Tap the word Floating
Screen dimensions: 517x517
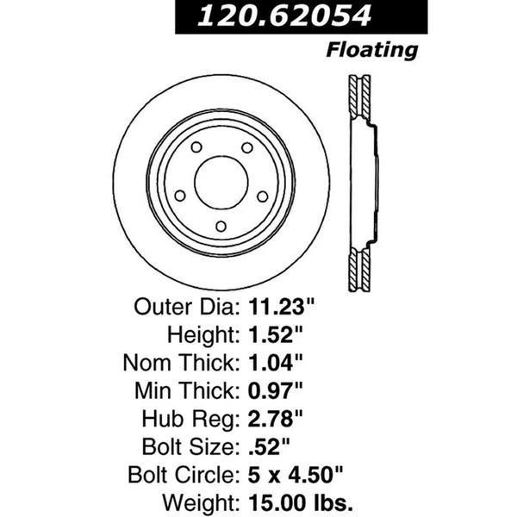[x=372, y=49]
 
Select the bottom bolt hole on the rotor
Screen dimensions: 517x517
[x=220, y=226]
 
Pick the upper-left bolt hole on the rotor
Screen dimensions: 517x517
[x=192, y=146]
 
